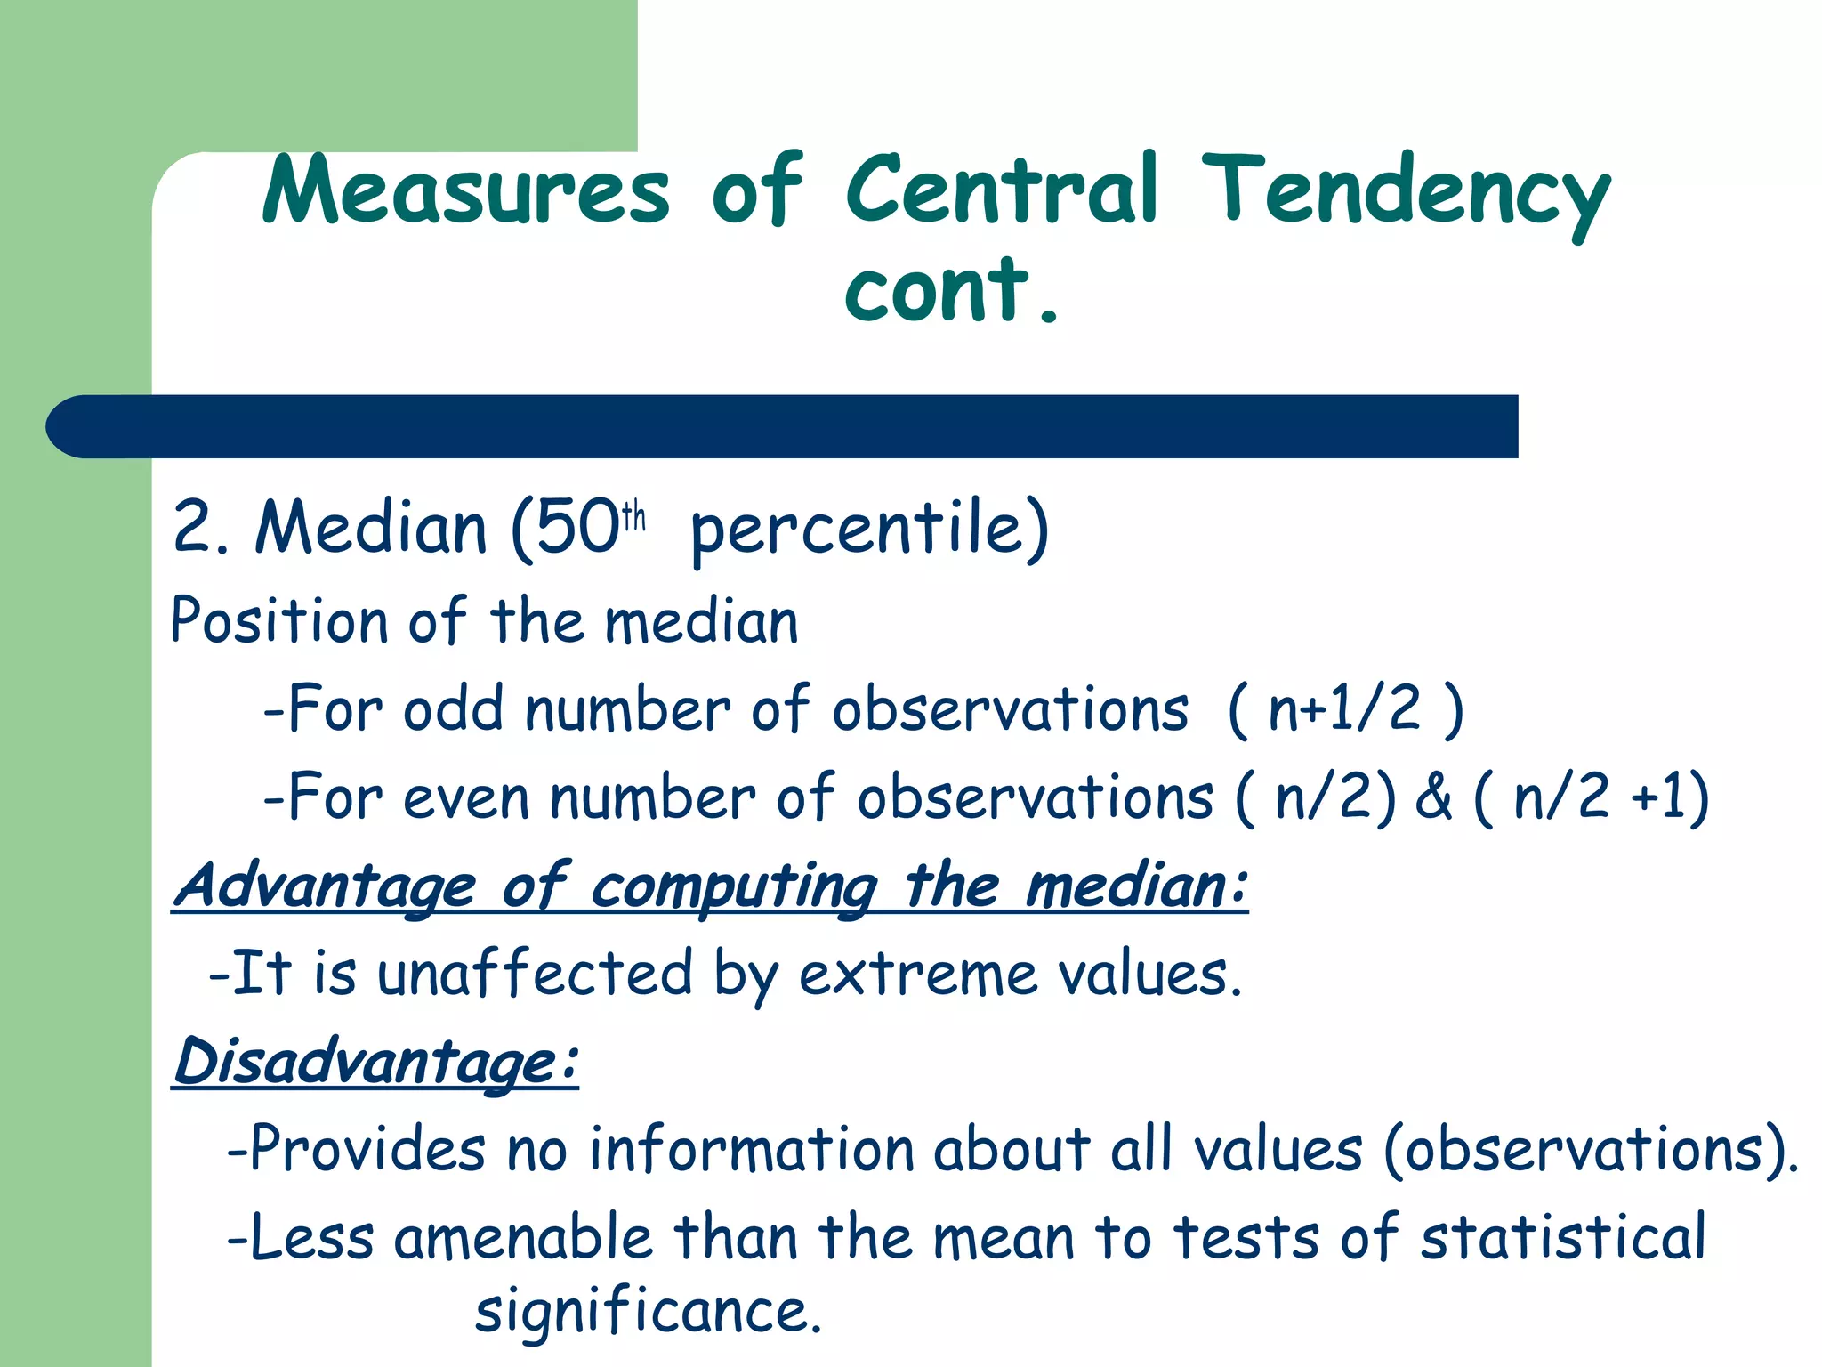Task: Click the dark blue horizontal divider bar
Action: (x=783, y=426)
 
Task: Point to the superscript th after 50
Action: (x=633, y=515)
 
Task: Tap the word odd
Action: (x=454, y=710)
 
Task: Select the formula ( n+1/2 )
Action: (x=1344, y=710)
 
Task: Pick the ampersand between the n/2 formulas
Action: (x=1432, y=796)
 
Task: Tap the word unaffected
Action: (x=535, y=974)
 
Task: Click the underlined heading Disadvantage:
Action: (x=375, y=1062)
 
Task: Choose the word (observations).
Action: (x=1591, y=1150)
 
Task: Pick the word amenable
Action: (x=523, y=1238)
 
